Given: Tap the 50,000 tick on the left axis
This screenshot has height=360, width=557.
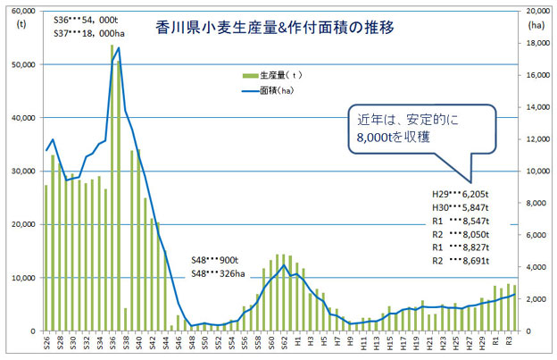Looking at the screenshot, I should tap(21, 64).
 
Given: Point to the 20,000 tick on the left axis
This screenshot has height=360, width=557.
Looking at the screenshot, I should tap(21, 224).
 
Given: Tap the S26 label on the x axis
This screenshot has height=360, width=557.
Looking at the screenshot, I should tap(46, 344).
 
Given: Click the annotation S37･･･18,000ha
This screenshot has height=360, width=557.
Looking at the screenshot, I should tap(92, 34).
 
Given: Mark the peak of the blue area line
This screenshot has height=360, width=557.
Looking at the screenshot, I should tap(119, 48).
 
